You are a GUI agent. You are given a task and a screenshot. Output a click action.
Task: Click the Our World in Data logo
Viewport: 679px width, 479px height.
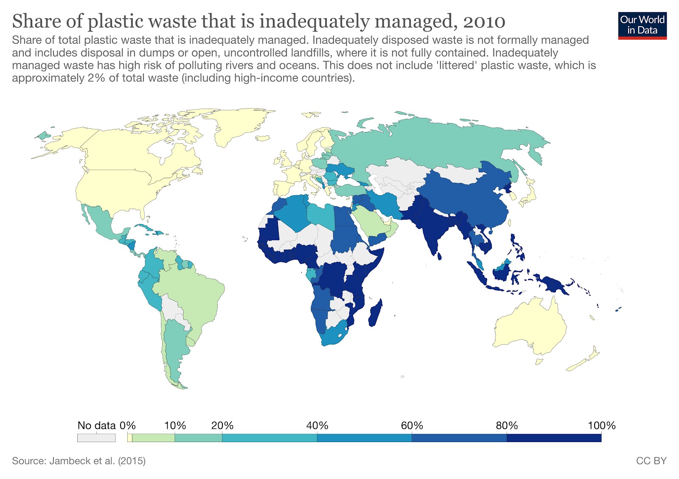642,25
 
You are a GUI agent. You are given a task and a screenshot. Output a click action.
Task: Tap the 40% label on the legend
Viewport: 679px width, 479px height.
317,426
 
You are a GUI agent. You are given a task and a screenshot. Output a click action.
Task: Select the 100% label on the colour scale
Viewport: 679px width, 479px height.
601,426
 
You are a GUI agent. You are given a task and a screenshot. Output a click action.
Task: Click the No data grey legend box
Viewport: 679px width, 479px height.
96,438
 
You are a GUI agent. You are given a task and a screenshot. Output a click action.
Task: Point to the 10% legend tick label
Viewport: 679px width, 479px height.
175,426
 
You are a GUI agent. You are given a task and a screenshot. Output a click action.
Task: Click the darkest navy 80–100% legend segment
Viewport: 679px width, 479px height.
554,438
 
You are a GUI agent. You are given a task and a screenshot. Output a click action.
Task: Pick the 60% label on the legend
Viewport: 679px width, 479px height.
412,426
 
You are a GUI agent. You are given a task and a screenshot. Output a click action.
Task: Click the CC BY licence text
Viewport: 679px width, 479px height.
651,461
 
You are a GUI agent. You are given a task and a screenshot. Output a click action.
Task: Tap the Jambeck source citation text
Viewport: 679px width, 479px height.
79,461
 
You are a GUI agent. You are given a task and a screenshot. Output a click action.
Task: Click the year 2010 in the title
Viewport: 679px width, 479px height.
484,21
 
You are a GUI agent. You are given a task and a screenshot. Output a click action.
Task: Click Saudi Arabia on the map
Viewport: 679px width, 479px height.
373,221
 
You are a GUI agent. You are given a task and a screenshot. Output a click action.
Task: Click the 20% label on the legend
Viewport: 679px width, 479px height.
222,426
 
